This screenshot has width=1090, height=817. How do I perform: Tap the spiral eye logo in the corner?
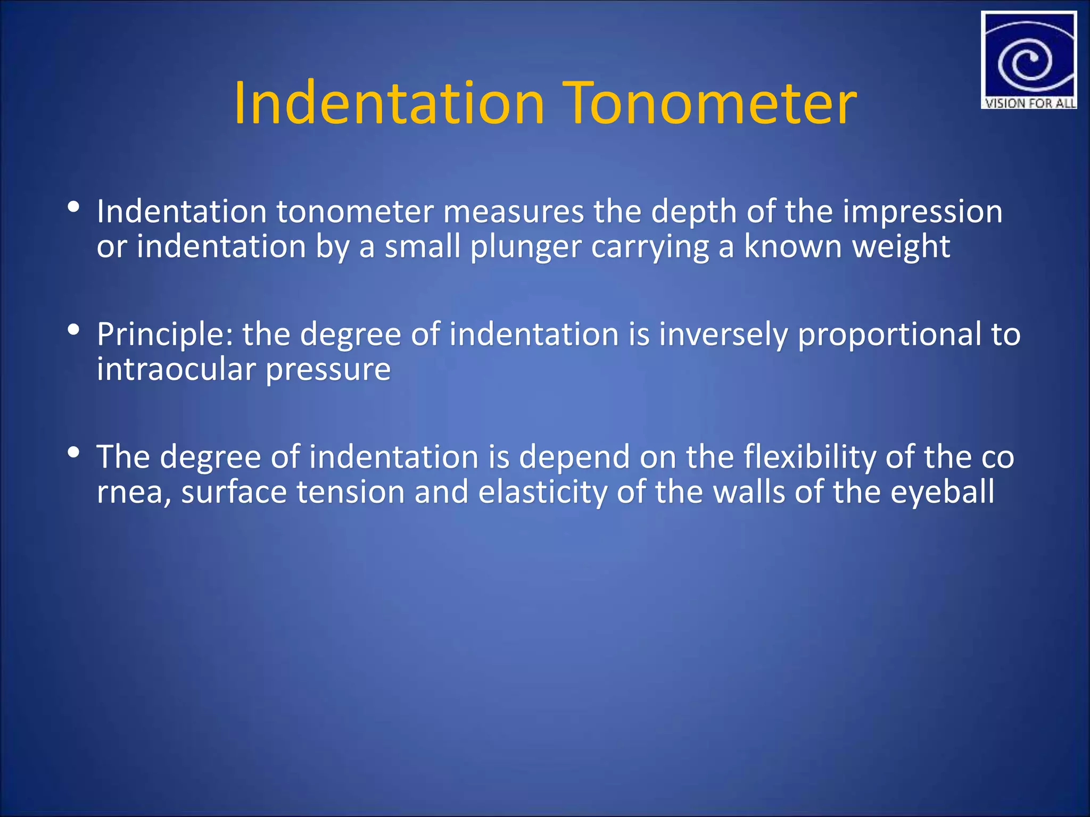tap(1028, 56)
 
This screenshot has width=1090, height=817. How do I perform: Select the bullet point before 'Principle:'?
tap(74, 330)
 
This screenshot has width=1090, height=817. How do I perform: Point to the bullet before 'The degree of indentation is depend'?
tap(74, 453)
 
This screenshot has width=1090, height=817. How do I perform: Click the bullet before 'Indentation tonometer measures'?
tap(74, 207)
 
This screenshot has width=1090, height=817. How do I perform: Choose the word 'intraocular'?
tap(176, 369)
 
